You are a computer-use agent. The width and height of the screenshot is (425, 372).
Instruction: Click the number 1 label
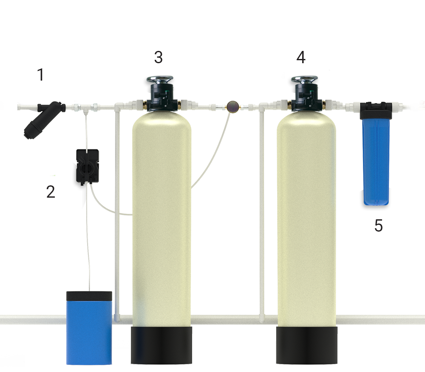41,75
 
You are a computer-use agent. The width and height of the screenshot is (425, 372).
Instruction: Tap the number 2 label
51,192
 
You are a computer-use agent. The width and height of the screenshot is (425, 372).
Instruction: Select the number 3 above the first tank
159,57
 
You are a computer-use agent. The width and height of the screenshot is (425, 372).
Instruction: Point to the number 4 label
301,57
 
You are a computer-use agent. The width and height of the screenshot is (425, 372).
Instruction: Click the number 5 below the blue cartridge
378,226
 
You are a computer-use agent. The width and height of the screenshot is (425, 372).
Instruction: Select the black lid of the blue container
89,296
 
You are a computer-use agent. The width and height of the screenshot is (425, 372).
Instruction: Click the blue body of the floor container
89,333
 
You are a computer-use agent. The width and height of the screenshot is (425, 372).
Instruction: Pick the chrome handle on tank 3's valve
160,79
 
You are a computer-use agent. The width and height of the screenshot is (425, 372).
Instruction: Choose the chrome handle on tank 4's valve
304,79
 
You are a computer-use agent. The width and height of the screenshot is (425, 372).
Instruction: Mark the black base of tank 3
161,345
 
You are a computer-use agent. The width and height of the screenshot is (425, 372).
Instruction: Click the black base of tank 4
307,345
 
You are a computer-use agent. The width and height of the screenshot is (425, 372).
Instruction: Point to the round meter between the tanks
232,106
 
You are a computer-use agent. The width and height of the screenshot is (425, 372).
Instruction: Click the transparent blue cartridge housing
376,162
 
